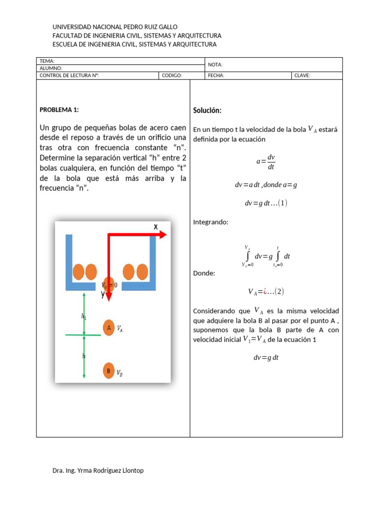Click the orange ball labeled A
109,328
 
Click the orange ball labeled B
109,371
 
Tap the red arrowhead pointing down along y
109,296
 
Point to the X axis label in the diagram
155,227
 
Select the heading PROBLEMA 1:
59,110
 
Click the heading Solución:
207,110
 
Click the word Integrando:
211,222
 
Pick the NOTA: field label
216,65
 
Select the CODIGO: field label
172,76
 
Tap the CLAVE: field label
303,76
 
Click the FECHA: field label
216,76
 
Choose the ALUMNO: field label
51,68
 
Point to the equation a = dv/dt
265,162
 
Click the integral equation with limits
266,256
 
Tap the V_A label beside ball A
119,328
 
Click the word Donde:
204,273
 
